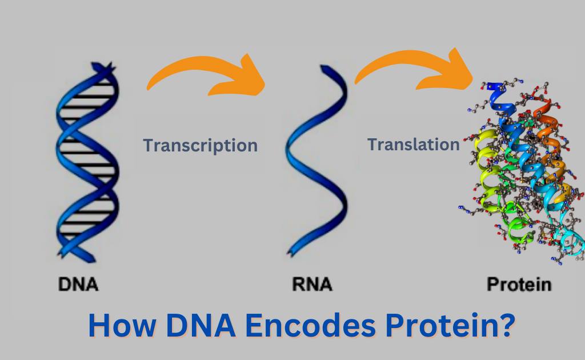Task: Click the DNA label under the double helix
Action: point(78,284)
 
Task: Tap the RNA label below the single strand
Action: point(311,284)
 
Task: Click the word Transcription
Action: point(200,145)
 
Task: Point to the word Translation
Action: point(413,144)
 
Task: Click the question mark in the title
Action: point(507,326)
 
